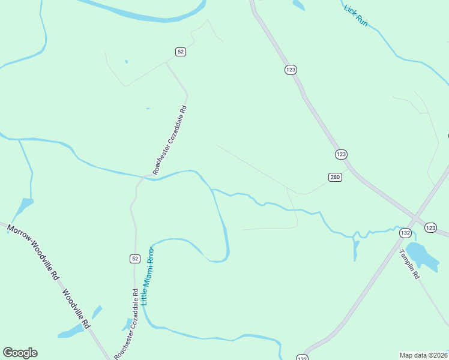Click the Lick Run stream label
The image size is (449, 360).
(x=355, y=16)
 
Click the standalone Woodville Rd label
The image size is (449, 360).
(x=76, y=309)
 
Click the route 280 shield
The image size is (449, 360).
(x=335, y=177)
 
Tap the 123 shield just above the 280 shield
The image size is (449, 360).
(x=341, y=154)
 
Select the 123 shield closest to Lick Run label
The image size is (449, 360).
(x=291, y=70)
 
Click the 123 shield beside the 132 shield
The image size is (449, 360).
(x=430, y=227)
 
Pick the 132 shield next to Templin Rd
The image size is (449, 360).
(x=406, y=233)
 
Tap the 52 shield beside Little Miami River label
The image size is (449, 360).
(x=134, y=258)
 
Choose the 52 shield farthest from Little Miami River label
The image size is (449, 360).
(x=181, y=52)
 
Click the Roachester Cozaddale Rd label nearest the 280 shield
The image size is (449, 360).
(x=171, y=140)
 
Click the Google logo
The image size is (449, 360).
(x=20, y=353)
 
